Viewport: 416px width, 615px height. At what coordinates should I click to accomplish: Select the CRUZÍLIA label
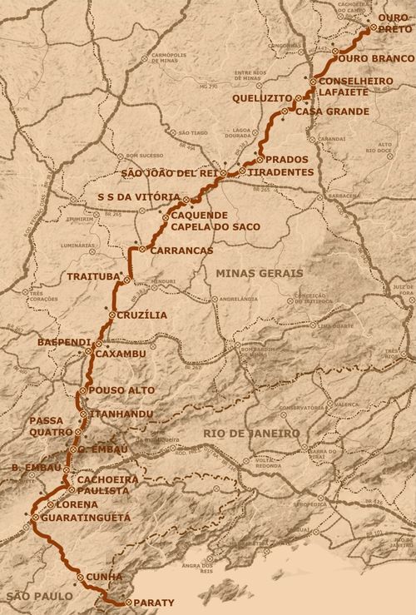(142, 315)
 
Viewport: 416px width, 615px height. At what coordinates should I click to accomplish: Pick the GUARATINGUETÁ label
(82, 517)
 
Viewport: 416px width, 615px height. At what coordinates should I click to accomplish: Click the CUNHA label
(105, 577)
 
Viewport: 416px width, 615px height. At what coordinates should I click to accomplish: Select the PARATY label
(156, 603)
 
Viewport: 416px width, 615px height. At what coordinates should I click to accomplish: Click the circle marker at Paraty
(126, 603)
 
